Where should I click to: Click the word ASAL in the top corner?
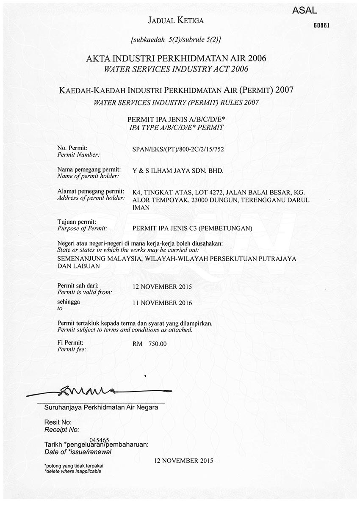pyautogui.click(x=305, y=11)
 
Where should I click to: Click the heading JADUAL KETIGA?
pyautogui.click(x=175, y=20)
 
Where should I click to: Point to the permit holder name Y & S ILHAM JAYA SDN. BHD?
pyautogui.click(x=177, y=171)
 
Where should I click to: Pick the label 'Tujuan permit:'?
pyautogui.click(x=77, y=222)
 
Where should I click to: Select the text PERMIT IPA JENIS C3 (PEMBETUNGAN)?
pyautogui.click(x=192, y=229)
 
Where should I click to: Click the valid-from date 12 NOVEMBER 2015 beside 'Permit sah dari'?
pyautogui.click(x=162, y=287)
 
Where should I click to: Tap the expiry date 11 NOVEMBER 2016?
pyautogui.click(x=162, y=303)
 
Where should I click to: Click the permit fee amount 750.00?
pyautogui.click(x=158, y=344)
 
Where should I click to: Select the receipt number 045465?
pyautogui.click(x=100, y=440)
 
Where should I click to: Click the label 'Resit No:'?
pyautogui.click(x=58, y=422)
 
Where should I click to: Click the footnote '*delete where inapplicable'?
pyautogui.click(x=73, y=471)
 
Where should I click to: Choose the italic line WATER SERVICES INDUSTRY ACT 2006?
pyautogui.click(x=176, y=69)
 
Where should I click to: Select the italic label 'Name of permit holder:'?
pyautogui.click(x=88, y=176)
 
